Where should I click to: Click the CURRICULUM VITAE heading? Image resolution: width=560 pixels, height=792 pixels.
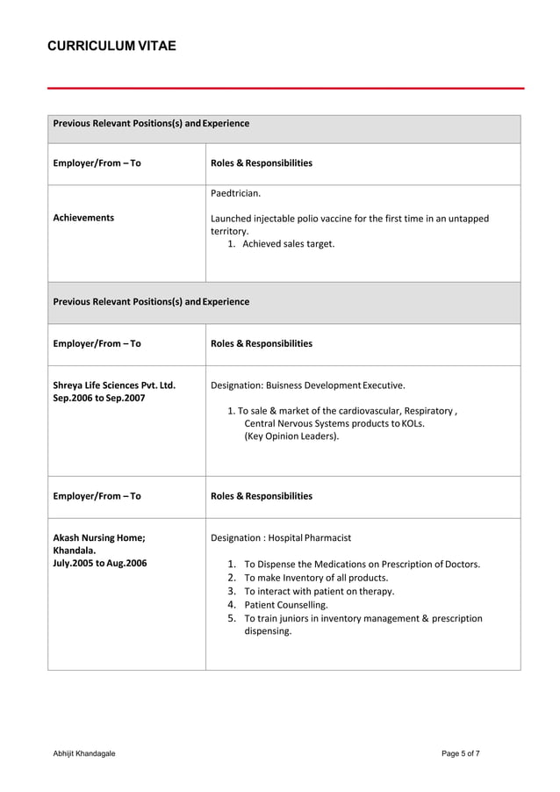point(111,46)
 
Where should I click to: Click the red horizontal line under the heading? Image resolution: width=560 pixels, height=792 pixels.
point(285,88)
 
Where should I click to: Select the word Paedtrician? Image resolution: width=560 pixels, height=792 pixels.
point(235,192)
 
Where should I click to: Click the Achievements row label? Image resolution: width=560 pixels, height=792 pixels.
point(83,218)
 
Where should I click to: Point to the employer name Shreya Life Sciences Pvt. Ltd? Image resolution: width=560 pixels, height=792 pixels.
point(114,385)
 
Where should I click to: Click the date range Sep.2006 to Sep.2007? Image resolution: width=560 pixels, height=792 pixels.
point(99,399)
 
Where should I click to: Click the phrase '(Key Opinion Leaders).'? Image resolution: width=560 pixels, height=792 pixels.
point(291,436)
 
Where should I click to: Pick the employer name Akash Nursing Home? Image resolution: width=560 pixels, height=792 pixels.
point(99,537)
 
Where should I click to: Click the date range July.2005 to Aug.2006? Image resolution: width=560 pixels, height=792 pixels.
point(100,563)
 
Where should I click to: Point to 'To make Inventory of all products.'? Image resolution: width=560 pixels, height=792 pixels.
point(316,578)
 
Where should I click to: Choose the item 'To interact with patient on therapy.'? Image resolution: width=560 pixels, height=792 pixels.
point(319,591)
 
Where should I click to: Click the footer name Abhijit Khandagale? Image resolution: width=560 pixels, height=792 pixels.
point(84,753)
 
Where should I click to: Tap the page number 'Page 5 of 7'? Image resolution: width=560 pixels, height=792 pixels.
point(460,753)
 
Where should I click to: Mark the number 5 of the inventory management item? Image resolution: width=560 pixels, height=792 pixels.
point(232,618)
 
